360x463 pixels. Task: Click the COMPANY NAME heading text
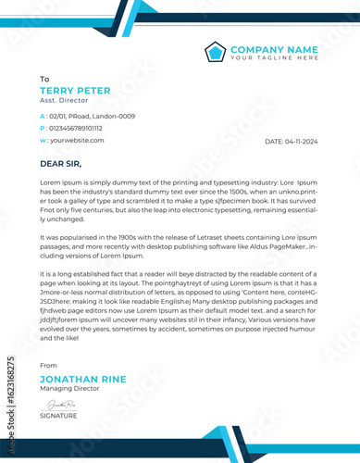274,48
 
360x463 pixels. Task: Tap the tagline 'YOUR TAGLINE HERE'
274,57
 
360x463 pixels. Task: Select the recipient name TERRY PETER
75,91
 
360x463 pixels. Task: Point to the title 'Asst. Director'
60,101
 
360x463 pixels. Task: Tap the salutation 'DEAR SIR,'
61,164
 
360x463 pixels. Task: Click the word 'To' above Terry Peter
44,80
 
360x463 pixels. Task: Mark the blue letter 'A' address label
43,116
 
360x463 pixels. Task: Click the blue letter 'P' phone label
43,128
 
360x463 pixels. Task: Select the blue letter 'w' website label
43,140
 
